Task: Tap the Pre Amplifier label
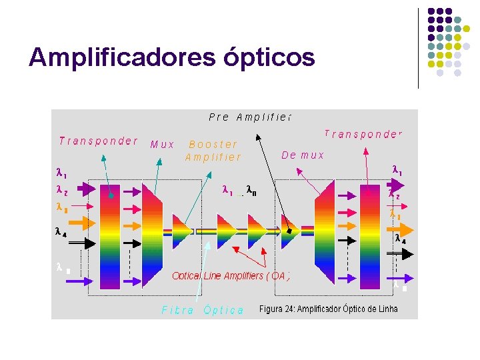click(x=250, y=117)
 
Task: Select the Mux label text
click(x=163, y=144)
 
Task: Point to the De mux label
click(x=303, y=155)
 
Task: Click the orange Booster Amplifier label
click(x=213, y=151)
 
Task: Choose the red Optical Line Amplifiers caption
click(x=231, y=275)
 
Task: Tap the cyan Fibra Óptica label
click(x=203, y=310)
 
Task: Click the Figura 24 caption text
click(x=328, y=309)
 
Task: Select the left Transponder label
click(x=98, y=141)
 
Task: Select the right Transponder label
click(x=363, y=134)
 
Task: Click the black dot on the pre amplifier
click(x=289, y=231)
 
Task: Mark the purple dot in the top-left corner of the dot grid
click(x=431, y=11)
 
